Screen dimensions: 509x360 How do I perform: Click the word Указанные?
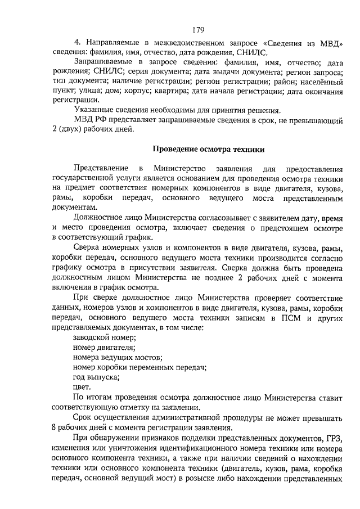click(92, 110)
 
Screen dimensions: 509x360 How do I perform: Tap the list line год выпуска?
click(95, 377)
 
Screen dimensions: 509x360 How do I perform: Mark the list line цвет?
click(82, 387)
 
